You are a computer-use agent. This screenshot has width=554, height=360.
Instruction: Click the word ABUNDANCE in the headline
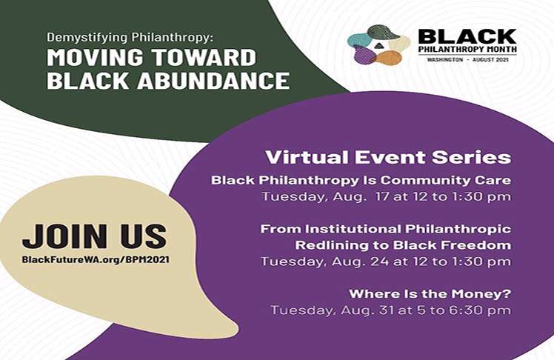tap(213, 80)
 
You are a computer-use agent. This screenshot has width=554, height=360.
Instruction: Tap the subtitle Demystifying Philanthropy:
tap(130, 38)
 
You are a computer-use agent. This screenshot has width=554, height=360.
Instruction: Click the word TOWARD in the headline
tap(204, 57)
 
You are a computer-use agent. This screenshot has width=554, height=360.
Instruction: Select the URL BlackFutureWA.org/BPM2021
tap(96, 260)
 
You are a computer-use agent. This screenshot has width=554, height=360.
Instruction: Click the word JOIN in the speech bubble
tap(64, 236)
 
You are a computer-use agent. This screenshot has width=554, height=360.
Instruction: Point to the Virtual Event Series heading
tap(388, 157)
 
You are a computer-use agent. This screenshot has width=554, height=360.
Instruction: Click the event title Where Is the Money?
tap(430, 294)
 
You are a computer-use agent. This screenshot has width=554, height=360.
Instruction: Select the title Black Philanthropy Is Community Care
tap(361, 181)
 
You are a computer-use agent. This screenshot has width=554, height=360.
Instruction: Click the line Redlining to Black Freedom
tap(403, 245)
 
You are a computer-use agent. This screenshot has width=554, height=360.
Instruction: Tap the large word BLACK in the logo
tap(467, 37)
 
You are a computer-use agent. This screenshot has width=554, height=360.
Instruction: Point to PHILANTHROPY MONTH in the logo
tap(467, 49)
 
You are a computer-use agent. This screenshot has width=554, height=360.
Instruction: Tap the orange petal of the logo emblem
tap(390, 58)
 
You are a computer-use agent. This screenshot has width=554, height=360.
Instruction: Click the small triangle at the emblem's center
tap(378, 45)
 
